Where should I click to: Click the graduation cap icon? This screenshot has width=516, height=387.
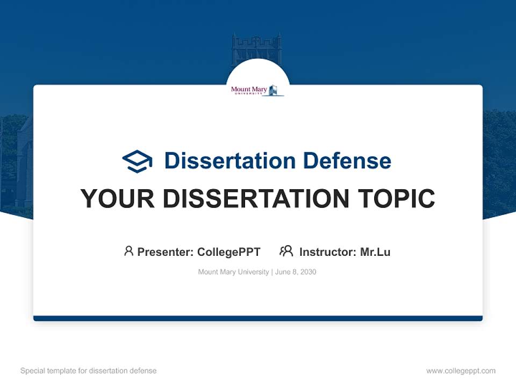click(137, 161)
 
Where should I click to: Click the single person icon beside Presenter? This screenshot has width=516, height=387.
click(128, 251)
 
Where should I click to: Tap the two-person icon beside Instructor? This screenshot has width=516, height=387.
click(286, 251)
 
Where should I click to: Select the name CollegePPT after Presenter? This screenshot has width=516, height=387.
click(228, 252)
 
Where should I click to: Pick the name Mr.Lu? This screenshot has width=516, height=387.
click(375, 252)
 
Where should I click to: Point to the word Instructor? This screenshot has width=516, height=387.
click(328, 252)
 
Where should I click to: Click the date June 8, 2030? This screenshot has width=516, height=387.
click(296, 272)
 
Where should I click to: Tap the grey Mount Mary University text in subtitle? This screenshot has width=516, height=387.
click(233, 272)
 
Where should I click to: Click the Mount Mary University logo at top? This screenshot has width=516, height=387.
click(257, 90)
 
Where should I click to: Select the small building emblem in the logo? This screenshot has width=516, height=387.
click(275, 90)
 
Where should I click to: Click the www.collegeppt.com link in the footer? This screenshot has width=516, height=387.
click(461, 371)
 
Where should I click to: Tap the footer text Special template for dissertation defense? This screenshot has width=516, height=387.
click(89, 371)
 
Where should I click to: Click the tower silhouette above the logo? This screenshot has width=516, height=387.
click(256, 48)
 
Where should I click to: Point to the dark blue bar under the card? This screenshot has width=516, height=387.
click(258, 318)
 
